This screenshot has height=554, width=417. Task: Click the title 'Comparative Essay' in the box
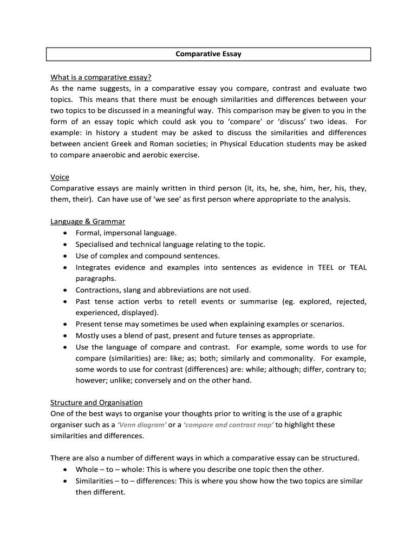click(x=208, y=54)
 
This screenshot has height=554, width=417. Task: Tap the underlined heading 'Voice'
click(x=60, y=177)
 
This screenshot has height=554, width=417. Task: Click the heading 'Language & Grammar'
click(x=88, y=221)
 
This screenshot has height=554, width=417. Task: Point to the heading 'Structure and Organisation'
click(x=96, y=403)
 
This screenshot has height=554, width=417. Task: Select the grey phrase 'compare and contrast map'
click(x=229, y=425)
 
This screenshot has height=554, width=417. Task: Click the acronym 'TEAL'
click(x=358, y=267)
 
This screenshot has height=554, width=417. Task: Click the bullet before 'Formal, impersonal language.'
click(x=65, y=233)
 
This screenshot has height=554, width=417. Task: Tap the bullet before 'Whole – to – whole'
click(x=65, y=470)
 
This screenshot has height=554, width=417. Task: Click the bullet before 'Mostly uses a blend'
click(x=65, y=335)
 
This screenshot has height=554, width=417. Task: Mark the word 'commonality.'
click(x=291, y=358)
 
